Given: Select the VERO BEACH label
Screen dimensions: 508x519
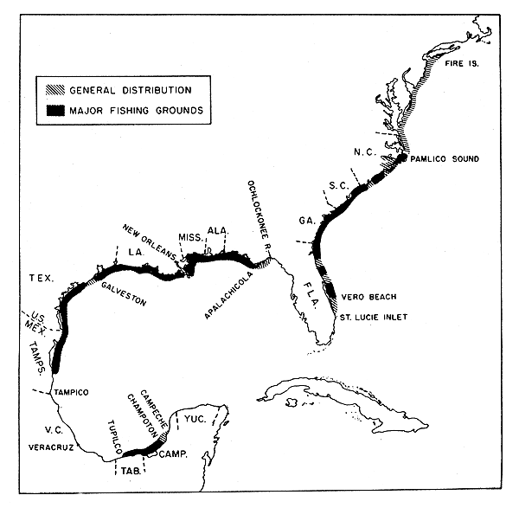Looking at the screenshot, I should (x=367, y=296).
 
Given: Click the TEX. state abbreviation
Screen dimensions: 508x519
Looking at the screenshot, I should (x=39, y=279).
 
